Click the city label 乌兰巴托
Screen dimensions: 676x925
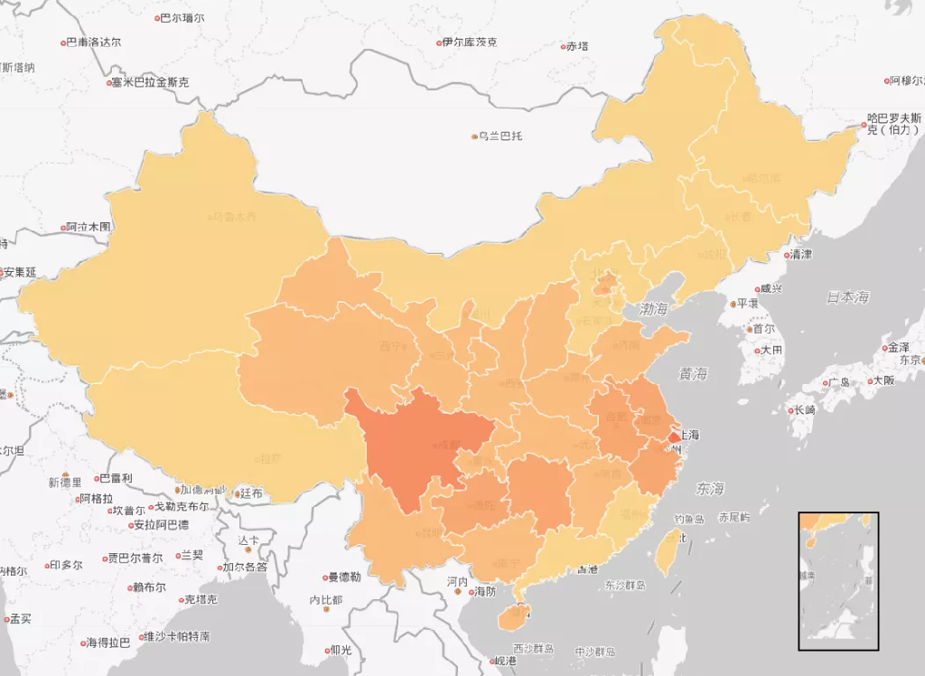tap(500, 136)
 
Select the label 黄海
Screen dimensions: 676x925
tap(694, 373)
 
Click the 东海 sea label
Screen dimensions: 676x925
tap(710, 489)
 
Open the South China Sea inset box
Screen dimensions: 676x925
tap(837, 580)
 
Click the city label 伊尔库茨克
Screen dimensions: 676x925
tap(469, 42)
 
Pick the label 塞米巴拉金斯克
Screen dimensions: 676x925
tap(149, 82)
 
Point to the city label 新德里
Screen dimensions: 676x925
tap(65, 482)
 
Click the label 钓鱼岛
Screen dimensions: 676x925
tap(688, 519)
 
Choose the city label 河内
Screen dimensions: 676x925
tap(458, 581)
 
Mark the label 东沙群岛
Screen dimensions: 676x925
tap(625, 585)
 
